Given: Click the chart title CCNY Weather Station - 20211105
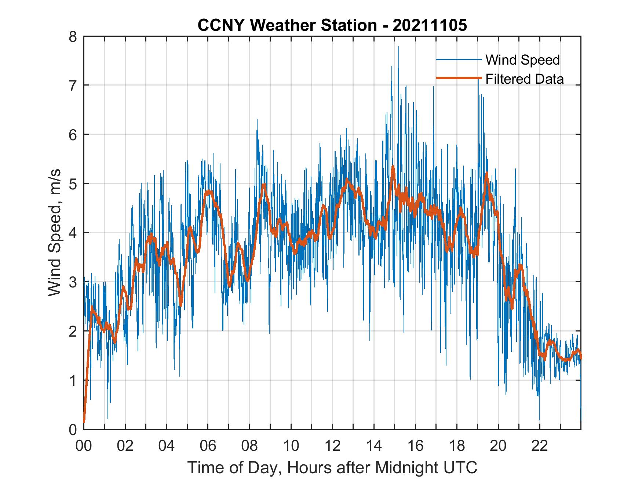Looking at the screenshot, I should click(332, 25).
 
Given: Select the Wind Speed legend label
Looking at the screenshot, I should click(522, 60).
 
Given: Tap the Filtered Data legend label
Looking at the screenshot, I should click(525, 79).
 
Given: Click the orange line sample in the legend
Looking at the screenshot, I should click(459, 78).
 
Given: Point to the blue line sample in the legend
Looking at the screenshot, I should click(459, 59).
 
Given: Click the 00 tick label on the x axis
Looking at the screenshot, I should click(84, 446).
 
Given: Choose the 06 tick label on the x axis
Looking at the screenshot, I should click(208, 446).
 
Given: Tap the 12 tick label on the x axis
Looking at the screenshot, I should click(332, 446).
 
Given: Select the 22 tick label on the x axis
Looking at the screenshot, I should click(540, 446).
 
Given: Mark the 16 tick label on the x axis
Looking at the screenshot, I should click(415, 446).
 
